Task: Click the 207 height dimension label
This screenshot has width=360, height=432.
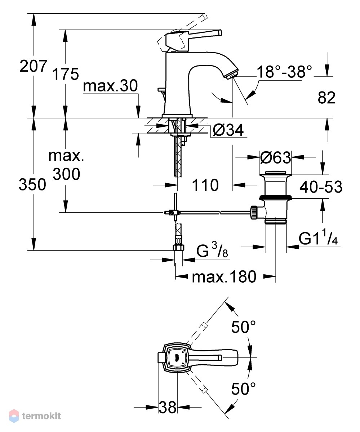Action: pyautogui.click(x=34, y=66)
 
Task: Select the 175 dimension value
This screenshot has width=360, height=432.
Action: pyautogui.click(x=66, y=74)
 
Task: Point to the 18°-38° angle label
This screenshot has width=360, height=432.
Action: pyautogui.click(x=284, y=72)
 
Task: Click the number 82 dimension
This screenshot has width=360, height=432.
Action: pyautogui.click(x=326, y=98)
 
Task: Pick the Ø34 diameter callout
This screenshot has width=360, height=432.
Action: pyautogui.click(x=228, y=130)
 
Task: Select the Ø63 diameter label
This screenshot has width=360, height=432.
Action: pyautogui.click(x=275, y=158)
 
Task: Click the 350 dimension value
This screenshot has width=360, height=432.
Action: pyautogui.click(x=32, y=184)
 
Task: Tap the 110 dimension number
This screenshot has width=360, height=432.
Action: pyautogui.click(x=205, y=185)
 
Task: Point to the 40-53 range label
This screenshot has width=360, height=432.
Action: pyautogui.click(x=321, y=186)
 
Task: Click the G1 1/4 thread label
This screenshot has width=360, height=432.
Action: pyautogui.click(x=318, y=239)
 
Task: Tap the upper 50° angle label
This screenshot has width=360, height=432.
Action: pyautogui.click(x=243, y=327)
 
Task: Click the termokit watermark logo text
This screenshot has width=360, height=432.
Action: pyautogui.click(x=41, y=416)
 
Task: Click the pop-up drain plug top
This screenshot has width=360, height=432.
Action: pyautogui.click(x=275, y=172)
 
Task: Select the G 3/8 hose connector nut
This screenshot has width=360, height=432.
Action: pyautogui.click(x=178, y=247)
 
